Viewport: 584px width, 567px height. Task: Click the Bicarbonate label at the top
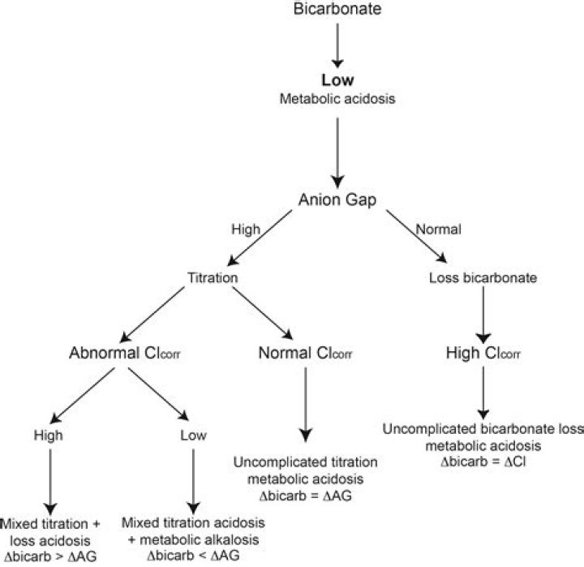[337, 9]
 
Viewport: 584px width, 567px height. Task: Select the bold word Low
[337, 80]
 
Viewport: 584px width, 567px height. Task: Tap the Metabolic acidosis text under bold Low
[337, 99]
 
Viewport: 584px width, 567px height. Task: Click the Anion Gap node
[337, 200]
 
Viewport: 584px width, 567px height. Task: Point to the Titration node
[213, 277]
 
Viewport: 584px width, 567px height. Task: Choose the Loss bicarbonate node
[483, 277]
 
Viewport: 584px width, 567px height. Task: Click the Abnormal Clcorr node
[124, 353]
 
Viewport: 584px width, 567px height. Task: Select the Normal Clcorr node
[305, 353]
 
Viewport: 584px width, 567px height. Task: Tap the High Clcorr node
[483, 353]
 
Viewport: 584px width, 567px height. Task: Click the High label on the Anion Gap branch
[246, 229]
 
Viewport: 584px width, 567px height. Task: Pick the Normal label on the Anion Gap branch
[438, 229]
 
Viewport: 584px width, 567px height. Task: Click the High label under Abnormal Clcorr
[49, 435]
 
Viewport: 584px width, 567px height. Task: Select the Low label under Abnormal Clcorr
[193, 435]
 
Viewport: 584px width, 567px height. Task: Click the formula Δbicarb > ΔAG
[50, 556]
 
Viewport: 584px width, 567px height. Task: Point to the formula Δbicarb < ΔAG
[193, 556]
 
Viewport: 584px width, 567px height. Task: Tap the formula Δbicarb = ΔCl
[483, 462]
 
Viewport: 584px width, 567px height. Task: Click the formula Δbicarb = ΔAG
[306, 496]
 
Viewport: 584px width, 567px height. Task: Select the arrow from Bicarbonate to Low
[337, 45]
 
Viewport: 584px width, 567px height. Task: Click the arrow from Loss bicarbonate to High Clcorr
[483, 316]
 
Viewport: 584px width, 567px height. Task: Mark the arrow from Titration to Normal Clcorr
[263, 313]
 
